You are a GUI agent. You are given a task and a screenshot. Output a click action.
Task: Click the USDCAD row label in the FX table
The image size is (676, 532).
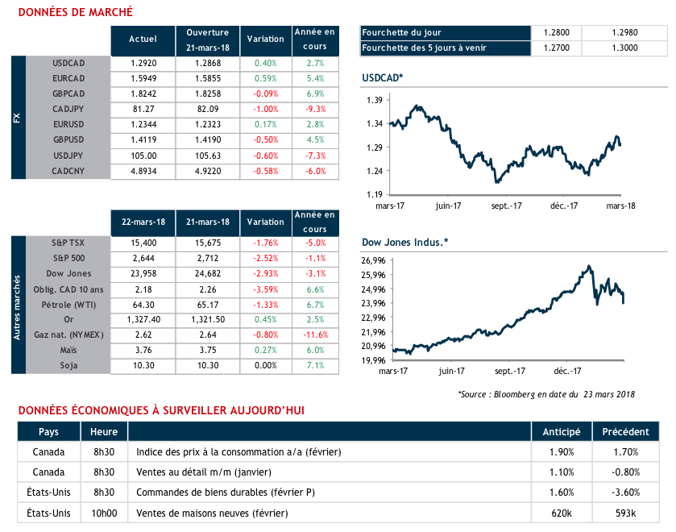68,62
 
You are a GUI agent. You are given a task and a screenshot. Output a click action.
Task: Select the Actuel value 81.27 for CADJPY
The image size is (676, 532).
143,109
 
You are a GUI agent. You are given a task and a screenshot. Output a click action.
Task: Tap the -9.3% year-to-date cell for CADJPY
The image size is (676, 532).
316,109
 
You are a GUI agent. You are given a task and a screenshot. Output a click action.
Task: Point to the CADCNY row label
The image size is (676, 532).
68,171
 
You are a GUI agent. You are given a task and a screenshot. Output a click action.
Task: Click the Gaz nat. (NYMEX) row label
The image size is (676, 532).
68,335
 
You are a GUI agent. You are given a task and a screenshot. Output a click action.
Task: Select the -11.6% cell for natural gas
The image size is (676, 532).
316,335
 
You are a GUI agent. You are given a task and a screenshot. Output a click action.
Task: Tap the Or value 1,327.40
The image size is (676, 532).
143,320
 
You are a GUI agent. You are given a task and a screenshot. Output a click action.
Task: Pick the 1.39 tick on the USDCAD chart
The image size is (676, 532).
374,100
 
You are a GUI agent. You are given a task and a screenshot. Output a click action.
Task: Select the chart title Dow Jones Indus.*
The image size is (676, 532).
405,241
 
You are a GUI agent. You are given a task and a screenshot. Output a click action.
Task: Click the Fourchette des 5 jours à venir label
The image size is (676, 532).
425,48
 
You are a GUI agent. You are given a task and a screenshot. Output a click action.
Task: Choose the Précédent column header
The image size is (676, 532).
625,431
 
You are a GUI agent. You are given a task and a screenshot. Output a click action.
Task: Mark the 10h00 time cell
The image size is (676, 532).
104,513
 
